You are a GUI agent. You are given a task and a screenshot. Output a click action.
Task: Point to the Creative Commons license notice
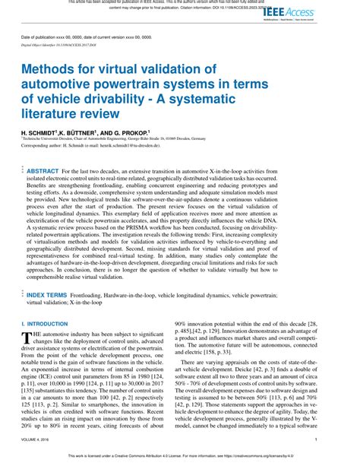[x=180, y=457]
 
